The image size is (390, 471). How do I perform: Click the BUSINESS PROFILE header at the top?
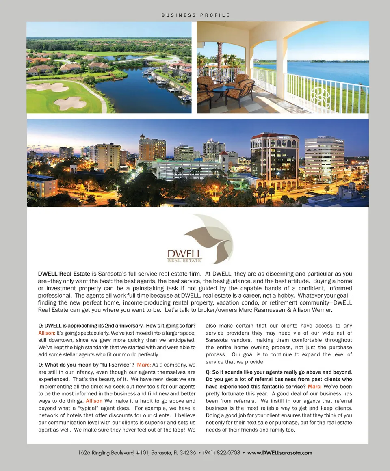[x=195, y=15]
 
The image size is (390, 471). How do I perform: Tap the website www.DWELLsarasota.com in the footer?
[x=279, y=452]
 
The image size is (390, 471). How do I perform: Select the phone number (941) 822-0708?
[x=221, y=452]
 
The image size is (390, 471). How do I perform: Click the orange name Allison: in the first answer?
[x=47, y=333]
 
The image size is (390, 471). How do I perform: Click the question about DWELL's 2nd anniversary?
[x=117, y=326]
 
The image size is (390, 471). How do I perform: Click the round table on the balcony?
[x=223, y=91]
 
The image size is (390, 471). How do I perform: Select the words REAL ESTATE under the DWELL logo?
[x=185, y=261]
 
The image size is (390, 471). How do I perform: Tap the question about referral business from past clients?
[x=279, y=379]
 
